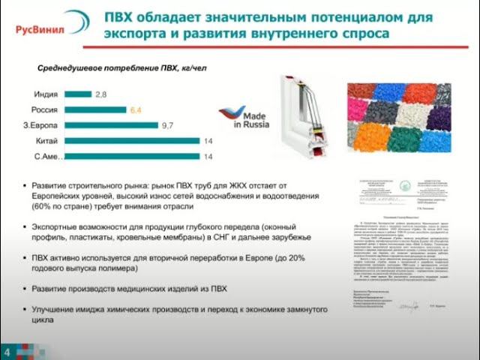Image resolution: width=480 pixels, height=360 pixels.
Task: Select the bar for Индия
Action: pos(77,94)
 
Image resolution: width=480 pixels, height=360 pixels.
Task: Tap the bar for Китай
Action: pos(131,140)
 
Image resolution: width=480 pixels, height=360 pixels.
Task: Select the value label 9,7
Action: pos(168,124)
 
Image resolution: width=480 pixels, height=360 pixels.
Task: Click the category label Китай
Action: pos(47,140)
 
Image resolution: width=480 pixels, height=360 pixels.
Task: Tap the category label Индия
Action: pos(46,94)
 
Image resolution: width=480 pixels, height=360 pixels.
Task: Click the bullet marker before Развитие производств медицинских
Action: pos(25,289)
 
